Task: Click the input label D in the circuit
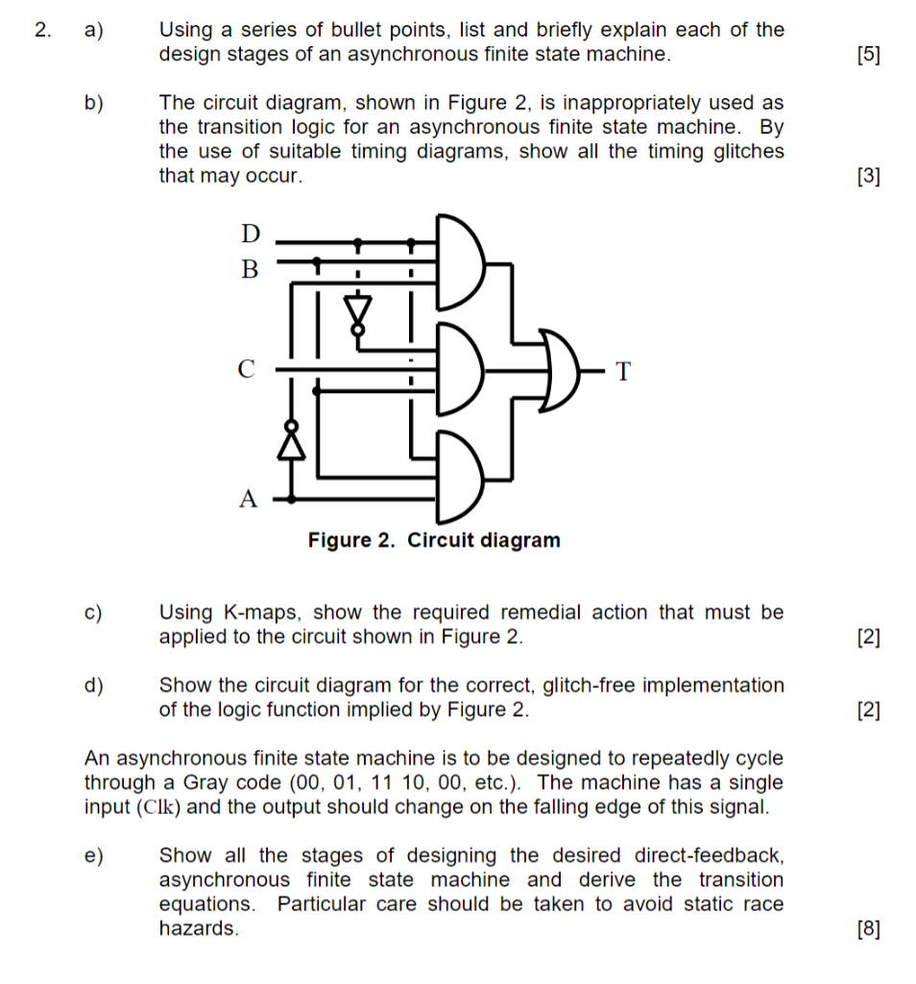[x=250, y=234]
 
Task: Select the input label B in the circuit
[x=250, y=269]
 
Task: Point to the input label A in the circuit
[x=249, y=499]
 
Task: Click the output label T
[x=624, y=370]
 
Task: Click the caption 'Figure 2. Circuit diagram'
[x=434, y=540]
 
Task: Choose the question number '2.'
[x=40, y=30]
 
